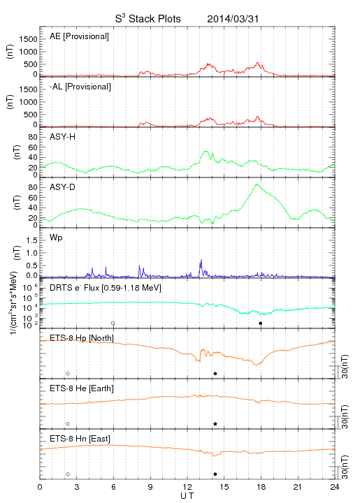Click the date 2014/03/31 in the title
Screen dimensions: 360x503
click(x=233, y=19)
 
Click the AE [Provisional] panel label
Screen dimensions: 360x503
click(x=79, y=36)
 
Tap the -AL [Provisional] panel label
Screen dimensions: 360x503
click(x=80, y=87)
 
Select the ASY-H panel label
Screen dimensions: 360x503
click(x=63, y=137)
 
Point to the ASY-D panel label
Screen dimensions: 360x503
click(x=63, y=187)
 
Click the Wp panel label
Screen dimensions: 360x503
click(x=56, y=238)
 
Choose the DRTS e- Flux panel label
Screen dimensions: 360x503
click(x=106, y=288)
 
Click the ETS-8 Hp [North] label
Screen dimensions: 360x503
click(x=82, y=338)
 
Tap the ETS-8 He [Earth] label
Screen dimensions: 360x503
click(x=82, y=388)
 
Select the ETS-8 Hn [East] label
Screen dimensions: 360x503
click(x=80, y=439)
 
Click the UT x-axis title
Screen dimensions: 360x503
click(x=187, y=496)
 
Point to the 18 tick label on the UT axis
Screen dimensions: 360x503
click(x=261, y=487)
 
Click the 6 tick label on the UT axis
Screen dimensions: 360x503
click(x=113, y=487)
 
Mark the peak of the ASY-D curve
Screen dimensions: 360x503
click(x=256, y=184)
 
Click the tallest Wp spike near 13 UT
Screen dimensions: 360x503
click(x=201, y=260)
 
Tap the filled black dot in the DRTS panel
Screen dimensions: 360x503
click(x=261, y=323)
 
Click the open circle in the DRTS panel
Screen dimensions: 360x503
click(x=113, y=323)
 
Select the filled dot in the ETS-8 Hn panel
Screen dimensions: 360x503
click(x=215, y=474)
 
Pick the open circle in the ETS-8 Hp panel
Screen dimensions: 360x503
click(x=68, y=374)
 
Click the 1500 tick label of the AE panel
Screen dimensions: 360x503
click(x=29, y=39)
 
